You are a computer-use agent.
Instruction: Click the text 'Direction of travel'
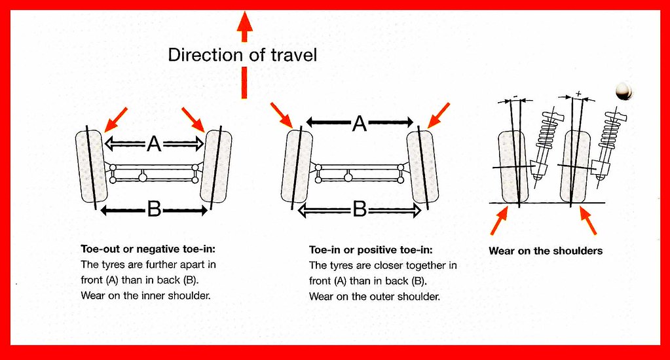[x=242, y=54]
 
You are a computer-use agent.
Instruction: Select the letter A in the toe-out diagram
[x=154, y=143]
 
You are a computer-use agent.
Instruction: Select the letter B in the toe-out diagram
[x=155, y=209]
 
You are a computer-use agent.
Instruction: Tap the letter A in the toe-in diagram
[x=358, y=122]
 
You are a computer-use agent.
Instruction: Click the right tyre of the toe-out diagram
[x=216, y=166]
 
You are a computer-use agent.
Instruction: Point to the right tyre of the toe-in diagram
[x=422, y=166]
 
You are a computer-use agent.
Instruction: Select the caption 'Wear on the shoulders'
[x=546, y=251]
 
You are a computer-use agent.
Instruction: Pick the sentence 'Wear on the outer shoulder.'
[x=373, y=296]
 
